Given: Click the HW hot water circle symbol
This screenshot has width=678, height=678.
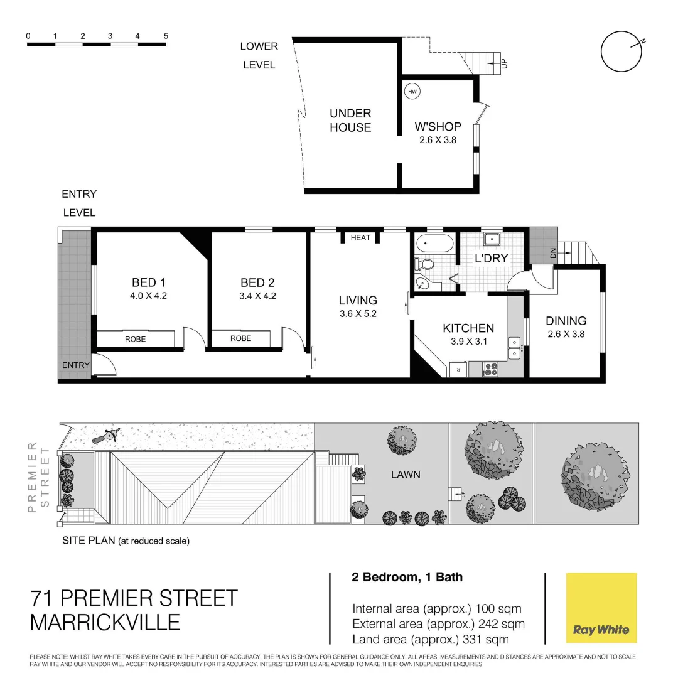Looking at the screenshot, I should point(412,92).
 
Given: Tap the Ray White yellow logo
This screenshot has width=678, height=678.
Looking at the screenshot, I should point(601,608).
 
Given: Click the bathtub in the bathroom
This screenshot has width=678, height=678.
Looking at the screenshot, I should point(434,244).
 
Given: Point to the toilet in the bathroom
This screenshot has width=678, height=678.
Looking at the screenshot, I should point(424,264).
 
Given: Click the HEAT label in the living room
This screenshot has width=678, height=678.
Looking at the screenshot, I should point(360,238).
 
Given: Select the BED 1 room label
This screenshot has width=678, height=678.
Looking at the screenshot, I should point(149,283).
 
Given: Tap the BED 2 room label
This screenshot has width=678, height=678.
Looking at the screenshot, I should point(257,283).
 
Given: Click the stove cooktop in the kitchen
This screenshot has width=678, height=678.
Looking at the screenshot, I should point(491,370).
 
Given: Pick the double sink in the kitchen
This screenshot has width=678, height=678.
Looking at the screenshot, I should point(515,347).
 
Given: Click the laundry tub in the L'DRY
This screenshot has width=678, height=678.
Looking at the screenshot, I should point(491,239).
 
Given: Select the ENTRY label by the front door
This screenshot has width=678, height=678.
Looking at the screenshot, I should point(75,365).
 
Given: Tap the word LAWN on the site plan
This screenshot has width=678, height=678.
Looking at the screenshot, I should point(406,475).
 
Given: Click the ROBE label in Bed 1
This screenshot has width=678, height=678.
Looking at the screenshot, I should point(135,339).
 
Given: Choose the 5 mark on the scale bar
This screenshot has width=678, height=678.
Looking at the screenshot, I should point(166,36).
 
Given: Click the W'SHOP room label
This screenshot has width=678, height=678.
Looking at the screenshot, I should point(438,127).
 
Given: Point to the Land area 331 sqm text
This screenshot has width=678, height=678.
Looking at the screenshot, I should point(430,640).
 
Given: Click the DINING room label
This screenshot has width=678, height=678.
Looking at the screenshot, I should point(566,321).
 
